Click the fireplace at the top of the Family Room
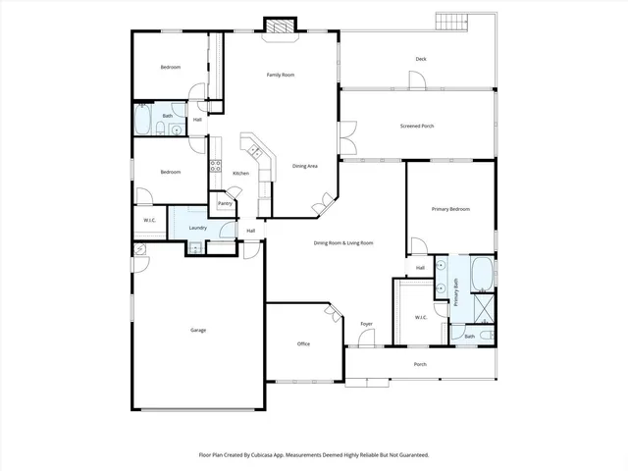[280, 27]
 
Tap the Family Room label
[281, 75]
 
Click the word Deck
[421, 59]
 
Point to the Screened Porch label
[417, 126]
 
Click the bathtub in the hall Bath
[143, 123]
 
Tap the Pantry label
[225, 204]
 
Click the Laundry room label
[197, 227]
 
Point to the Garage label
[198, 330]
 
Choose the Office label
[304, 344]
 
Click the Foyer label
[366, 324]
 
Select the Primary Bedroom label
[450, 209]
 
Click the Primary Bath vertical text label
[456, 293]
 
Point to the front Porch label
[420, 364]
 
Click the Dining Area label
[305, 166]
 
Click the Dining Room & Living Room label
[343, 242]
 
